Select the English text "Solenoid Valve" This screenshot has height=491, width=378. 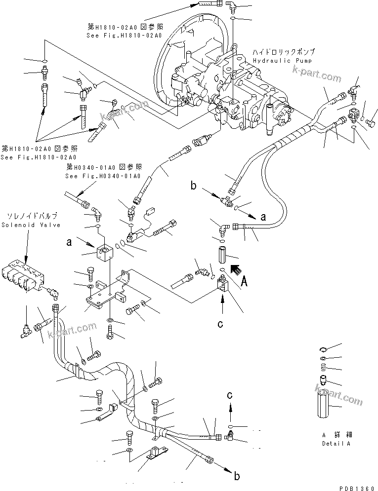[31, 225]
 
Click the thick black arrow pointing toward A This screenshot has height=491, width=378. [236, 270]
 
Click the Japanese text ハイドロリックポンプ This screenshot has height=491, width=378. [283, 52]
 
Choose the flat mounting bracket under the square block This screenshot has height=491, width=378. [106, 296]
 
